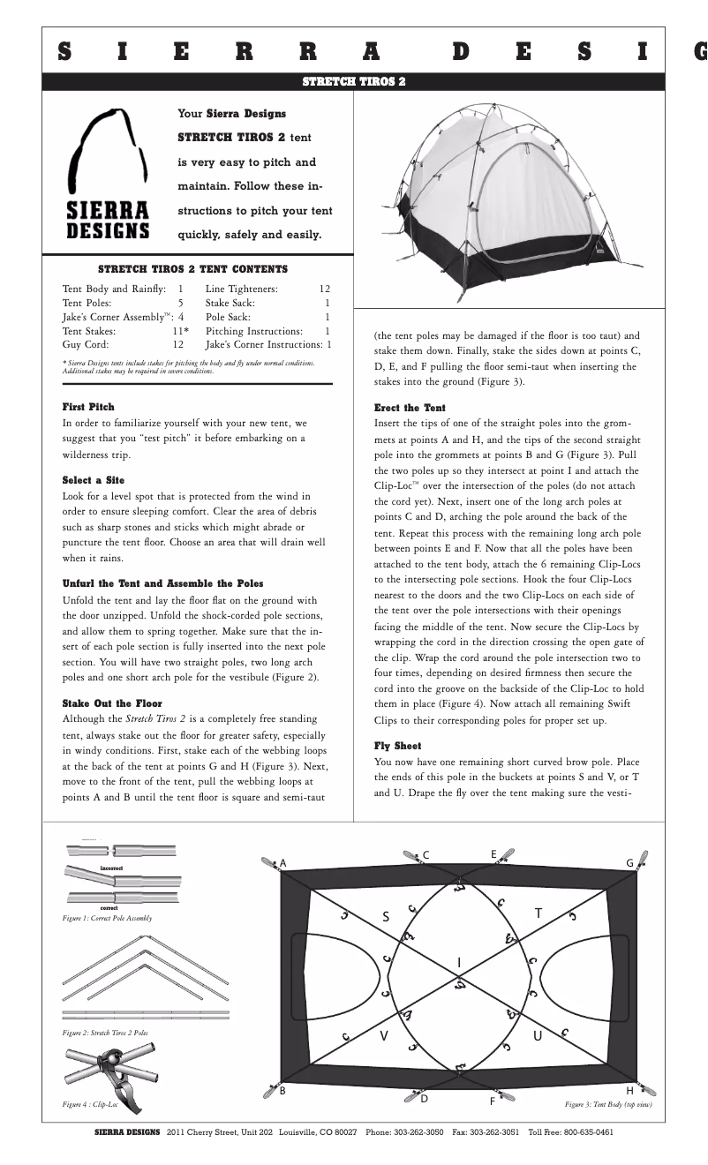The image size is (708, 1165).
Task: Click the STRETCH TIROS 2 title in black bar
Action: [x=353, y=81]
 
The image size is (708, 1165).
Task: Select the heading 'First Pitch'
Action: [x=88, y=407]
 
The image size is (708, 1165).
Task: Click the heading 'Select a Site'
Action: [x=93, y=481]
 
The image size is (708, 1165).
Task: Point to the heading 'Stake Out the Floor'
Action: [x=112, y=703]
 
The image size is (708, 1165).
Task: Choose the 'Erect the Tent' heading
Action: [x=410, y=408]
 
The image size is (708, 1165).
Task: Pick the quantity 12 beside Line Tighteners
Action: [x=324, y=289]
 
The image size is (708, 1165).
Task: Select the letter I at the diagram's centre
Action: [x=459, y=961]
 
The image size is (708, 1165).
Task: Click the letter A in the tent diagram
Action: [x=283, y=862]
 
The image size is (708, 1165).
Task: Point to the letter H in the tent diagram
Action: [x=629, y=1090]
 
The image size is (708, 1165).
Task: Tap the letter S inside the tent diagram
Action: [x=386, y=917]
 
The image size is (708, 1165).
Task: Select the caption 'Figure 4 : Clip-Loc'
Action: [x=89, y=1104]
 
